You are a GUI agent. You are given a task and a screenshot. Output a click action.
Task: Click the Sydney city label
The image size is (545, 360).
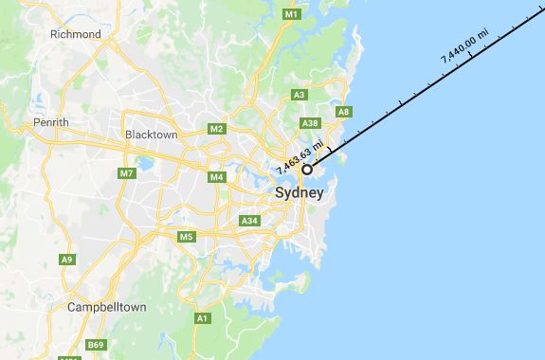coord(299,193)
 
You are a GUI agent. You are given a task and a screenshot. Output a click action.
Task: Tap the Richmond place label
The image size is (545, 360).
coord(77,34)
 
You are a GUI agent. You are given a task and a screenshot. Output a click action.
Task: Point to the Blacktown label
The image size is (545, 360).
coord(152,135)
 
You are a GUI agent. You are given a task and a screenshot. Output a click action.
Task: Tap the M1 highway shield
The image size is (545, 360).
coord(292,15)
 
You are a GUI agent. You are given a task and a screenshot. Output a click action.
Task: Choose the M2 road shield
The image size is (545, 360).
coord(217,129)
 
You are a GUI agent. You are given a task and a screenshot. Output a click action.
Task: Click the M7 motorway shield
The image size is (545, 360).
coord(127,173)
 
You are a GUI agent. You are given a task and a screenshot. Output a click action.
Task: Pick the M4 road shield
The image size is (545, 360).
coord(217,177)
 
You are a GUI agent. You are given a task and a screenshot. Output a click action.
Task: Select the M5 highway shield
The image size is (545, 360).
coord(186,236)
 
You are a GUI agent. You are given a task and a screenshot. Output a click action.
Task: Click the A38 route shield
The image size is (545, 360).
coord(308,123)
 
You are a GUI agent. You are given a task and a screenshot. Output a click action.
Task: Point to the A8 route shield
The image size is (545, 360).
coord(344,112)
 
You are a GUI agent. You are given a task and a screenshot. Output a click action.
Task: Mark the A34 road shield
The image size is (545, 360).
coord(249,221)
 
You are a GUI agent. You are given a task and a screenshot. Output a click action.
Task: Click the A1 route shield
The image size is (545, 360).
coord(202,319)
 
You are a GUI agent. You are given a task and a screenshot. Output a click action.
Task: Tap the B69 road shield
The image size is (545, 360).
coord(97,345)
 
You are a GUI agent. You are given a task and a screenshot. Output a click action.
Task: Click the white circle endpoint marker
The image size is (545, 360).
coord(307,170)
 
